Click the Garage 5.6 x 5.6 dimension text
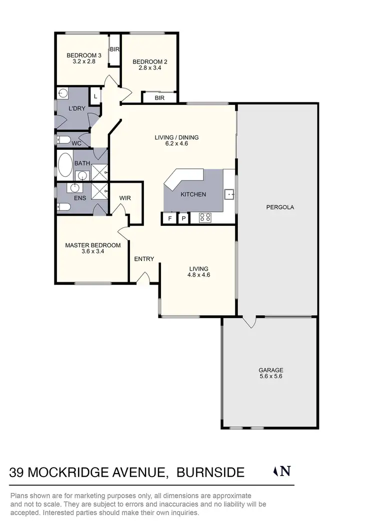tap(271, 377)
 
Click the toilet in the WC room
tap(61, 139)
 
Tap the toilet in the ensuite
tap(62, 207)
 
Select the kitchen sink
tap(229, 193)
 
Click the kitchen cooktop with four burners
tap(205, 217)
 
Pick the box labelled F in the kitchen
tap(169, 218)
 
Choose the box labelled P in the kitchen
tap(183, 218)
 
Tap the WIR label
tap(125, 198)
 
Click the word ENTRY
tap(144, 259)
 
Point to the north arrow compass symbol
tap(277, 471)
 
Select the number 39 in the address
tap(17, 472)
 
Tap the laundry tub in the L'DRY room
tap(63, 93)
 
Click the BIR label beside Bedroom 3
tap(114, 49)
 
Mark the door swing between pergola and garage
tap(249, 322)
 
